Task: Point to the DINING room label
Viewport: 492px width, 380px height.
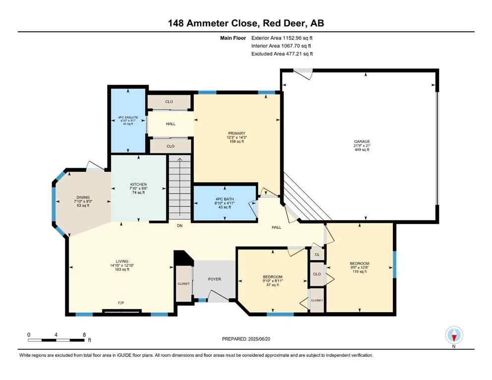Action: [x=83, y=197]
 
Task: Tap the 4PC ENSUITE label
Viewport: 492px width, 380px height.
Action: [x=128, y=118]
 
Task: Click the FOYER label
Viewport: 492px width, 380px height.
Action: [x=214, y=279]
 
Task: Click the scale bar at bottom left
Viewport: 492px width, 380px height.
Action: [x=56, y=340]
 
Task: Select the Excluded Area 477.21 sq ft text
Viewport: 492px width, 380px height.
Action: [x=282, y=54]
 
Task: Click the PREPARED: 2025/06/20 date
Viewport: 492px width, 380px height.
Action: [x=246, y=339]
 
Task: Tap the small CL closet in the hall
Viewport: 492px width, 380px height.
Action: [x=317, y=255]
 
